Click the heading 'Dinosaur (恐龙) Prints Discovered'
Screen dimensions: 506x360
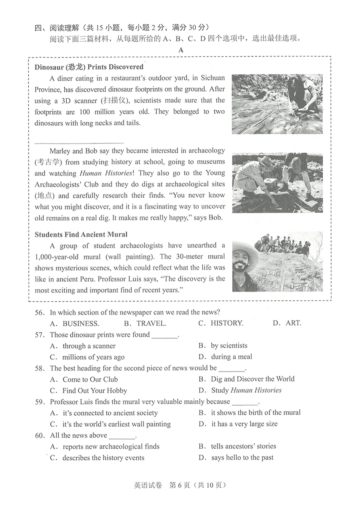[x=89, y=67]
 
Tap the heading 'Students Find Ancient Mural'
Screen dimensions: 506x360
[x=81, y=234]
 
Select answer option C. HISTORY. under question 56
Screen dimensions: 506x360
[x=221, y=323]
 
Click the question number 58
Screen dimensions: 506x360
[x=39, y=369]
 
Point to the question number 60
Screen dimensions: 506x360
[x=39, y=436]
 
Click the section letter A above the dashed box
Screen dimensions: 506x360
[x=181, y=50]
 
